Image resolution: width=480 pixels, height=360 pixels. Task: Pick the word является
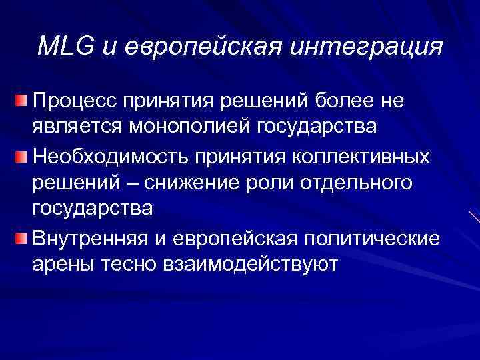click(75, 125)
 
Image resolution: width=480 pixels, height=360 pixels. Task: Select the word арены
click(63, 263)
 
